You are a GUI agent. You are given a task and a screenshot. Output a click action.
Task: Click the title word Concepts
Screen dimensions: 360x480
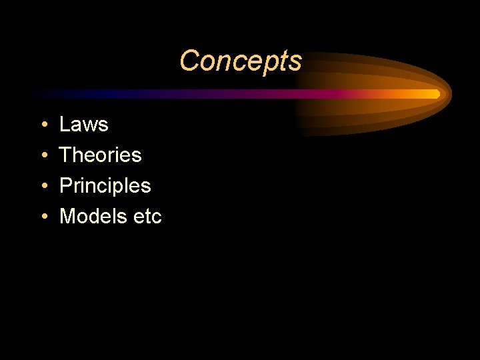pos(240,61)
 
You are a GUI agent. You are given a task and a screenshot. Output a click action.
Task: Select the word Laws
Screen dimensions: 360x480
pos(83,125)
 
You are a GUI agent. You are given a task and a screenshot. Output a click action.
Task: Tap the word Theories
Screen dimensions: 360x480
pos(100,155)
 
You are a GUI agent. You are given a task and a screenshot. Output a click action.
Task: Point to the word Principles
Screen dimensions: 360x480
pos(105,186)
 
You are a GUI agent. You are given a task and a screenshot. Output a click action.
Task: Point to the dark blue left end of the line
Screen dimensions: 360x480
pos(40,94)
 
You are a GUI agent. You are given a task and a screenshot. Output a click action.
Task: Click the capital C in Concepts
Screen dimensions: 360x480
pos(189,61)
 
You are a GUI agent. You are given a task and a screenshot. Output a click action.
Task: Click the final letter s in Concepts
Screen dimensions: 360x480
pos(296,62)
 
